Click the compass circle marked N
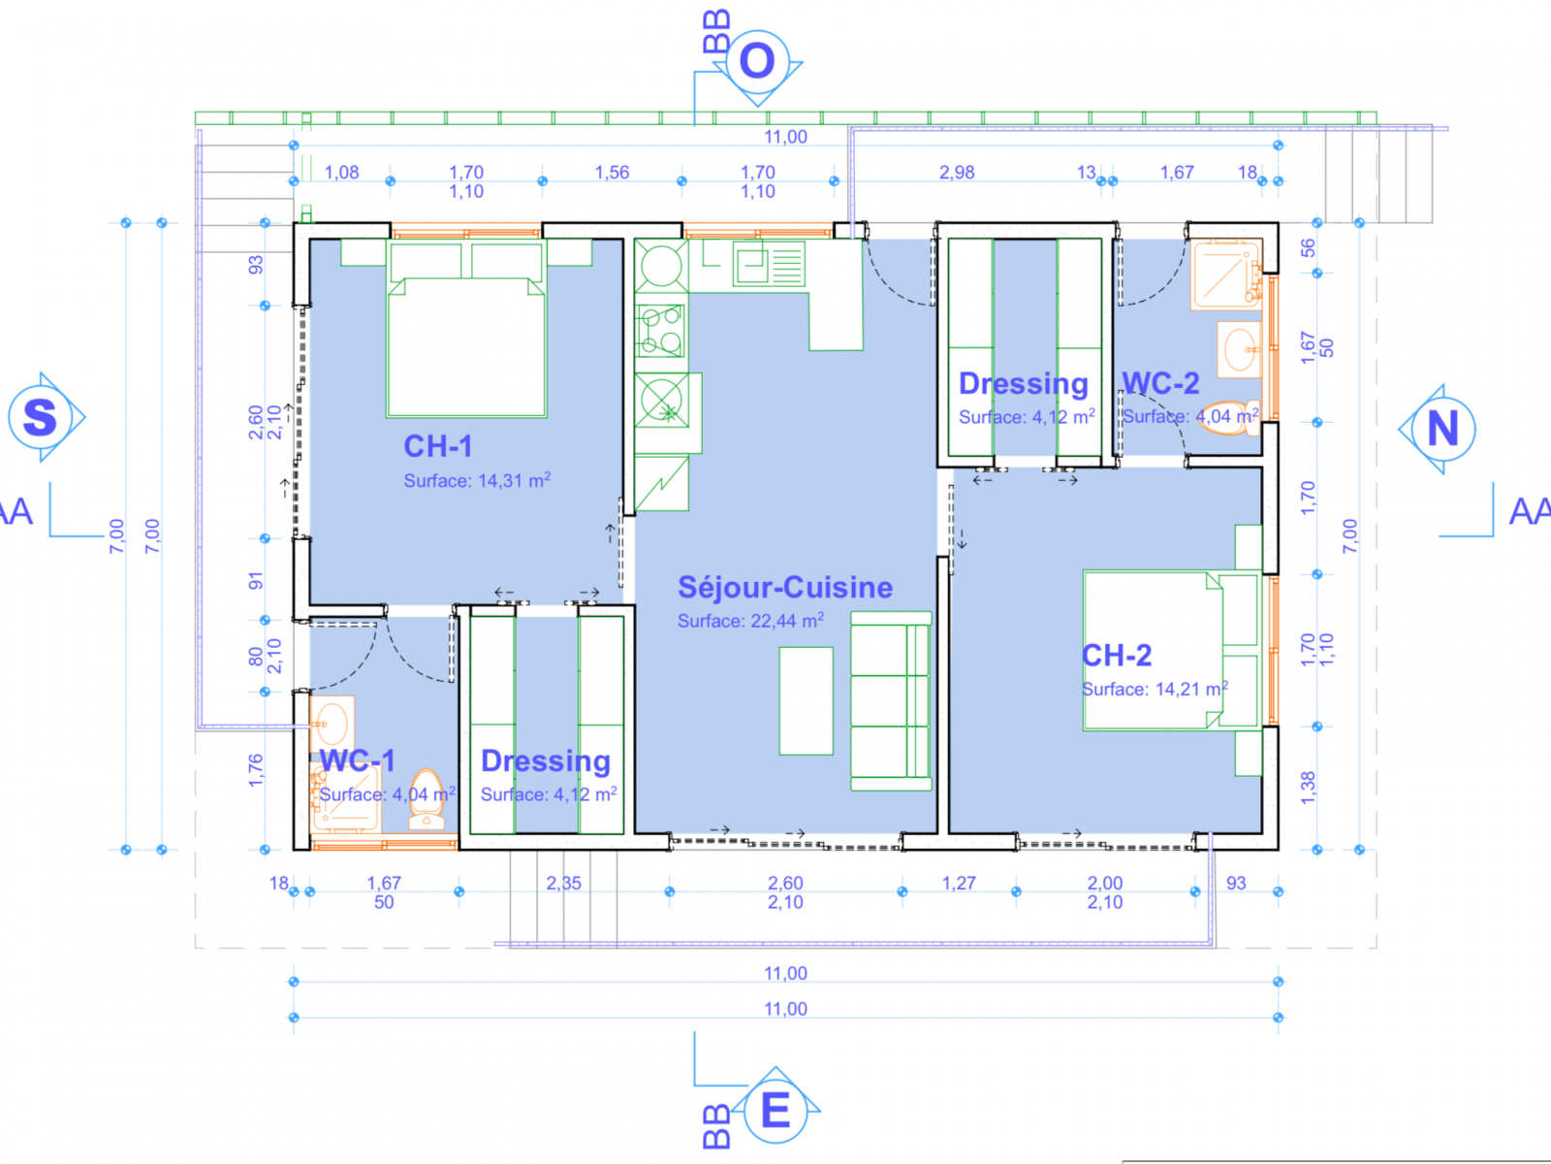pos(1443,429)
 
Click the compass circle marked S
pos(40,417)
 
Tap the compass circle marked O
pos(757,61)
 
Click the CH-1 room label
pos(437,446)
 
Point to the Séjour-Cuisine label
pos(785,587)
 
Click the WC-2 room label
pos(1160,383)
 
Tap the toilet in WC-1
pos(427,799)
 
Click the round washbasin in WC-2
pos(1240,349)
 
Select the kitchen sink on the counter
pos(769,264)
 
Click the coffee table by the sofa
pos(807,701)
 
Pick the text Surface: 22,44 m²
pos(750,620)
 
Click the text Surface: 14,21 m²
pos(1155,688)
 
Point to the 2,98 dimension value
pos(957,173)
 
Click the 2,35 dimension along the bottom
pos(564,883)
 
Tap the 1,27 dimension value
pos(959,883)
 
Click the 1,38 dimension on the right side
pos(1308,788)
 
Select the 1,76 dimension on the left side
pos(255,770)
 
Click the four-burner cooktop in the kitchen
pos(661,330)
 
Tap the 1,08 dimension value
pos(341,173)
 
